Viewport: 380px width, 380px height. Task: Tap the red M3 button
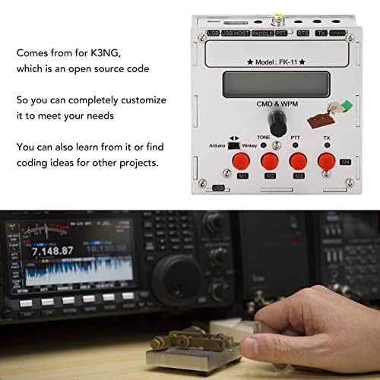pyautogui.click(x=299, y=162)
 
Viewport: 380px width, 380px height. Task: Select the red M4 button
pyautogui.click(x=327, y=161)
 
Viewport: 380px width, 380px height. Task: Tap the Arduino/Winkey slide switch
pyautogui.click(x=236, y=139)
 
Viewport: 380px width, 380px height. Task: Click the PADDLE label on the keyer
pyautogui.click(x=263, y=33)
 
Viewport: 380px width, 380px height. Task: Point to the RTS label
pyautogui.click(x=303, y=33)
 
